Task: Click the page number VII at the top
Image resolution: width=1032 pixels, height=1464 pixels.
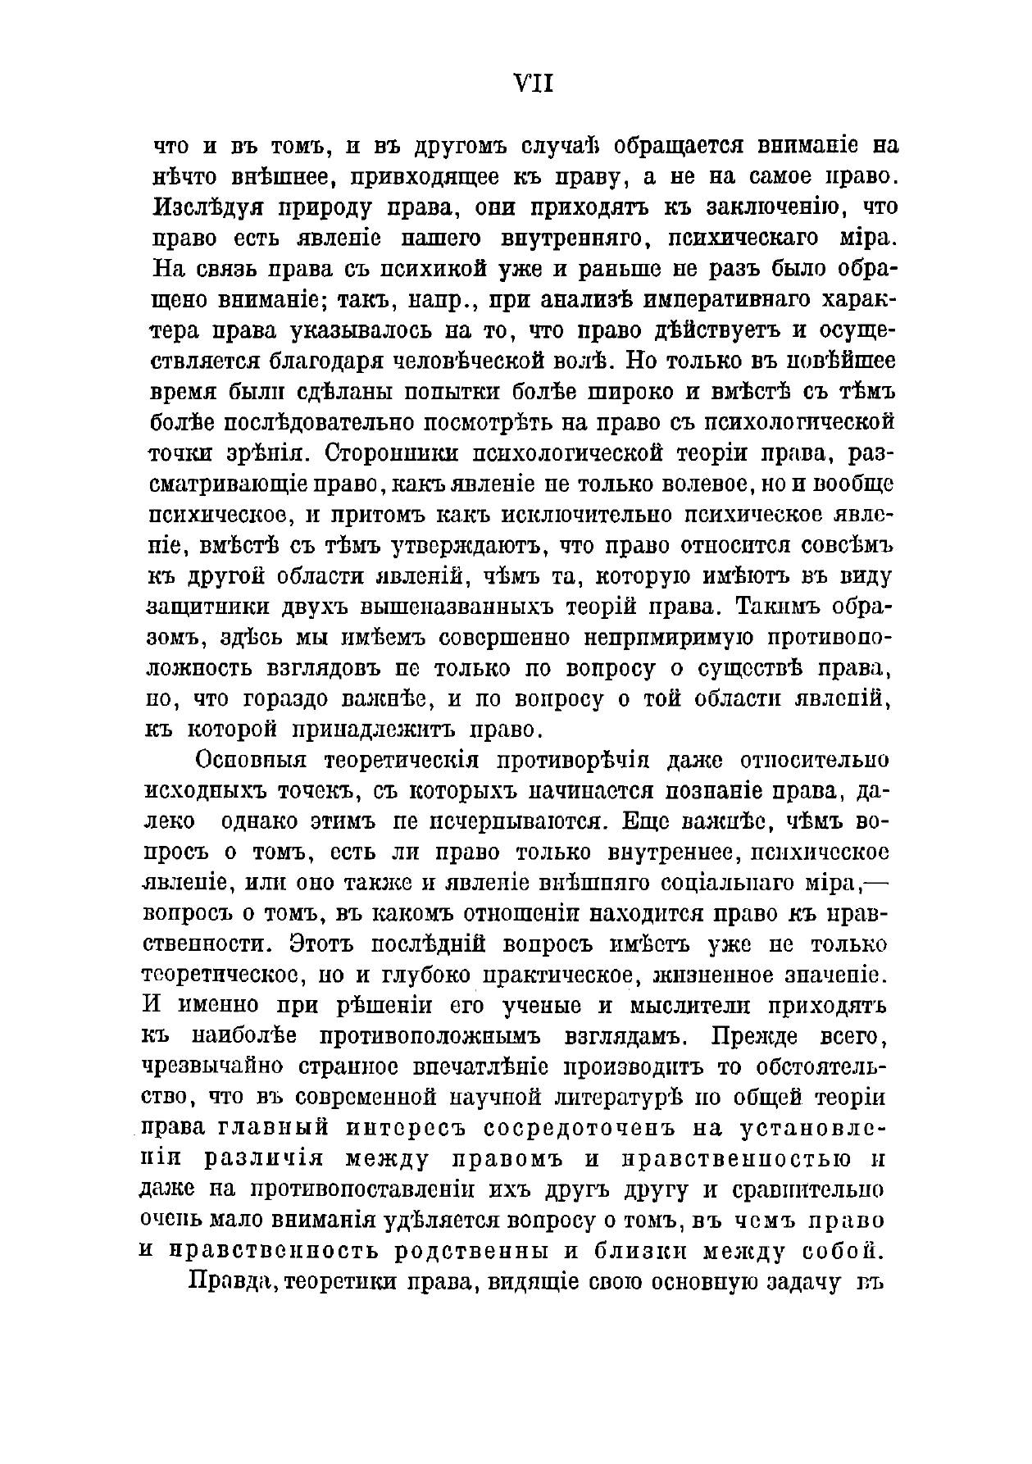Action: point(533,84)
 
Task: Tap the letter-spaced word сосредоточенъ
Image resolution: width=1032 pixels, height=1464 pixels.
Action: point(580,1129)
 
